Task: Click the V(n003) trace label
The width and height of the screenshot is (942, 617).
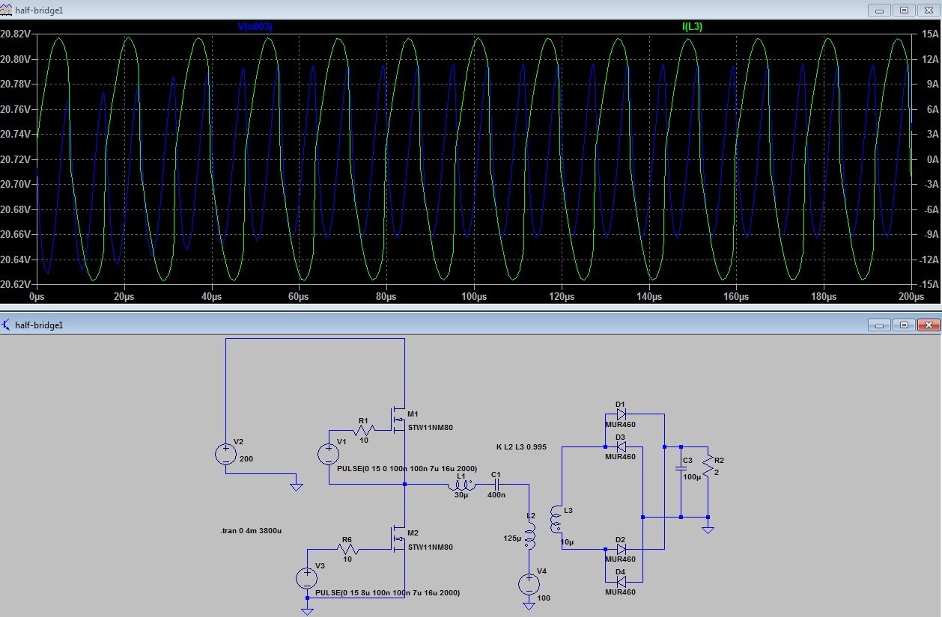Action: [x=255, y=26]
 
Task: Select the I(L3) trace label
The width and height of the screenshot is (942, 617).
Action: [x=692, y=26]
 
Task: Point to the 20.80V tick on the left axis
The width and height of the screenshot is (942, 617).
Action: [x=15, y=59]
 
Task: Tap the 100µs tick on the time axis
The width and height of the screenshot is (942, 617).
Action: [x=474, y=296]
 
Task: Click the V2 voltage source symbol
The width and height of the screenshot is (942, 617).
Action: [x=226, y=454]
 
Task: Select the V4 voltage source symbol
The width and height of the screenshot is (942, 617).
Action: [x=529, y=584]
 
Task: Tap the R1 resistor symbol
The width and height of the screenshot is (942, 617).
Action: [x=364, y=430]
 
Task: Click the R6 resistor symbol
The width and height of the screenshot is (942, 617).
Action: [x=347, y=549]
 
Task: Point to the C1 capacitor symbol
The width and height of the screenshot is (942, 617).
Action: [x=496, y=485]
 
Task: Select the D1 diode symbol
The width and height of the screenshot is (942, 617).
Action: [x=621, y=414]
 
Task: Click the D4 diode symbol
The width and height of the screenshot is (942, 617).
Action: [x=621, y=582]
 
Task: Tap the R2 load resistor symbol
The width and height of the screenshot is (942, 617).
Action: [x=708, y=465]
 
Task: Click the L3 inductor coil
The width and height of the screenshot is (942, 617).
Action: [x=556, y=519]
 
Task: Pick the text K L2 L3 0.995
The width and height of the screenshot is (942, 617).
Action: [x=521, y=447]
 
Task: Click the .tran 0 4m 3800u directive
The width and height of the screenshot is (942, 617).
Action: [x=251, y=530]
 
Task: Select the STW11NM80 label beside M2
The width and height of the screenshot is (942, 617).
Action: [x=431, y=547]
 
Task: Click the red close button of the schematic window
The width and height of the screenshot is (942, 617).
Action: [x=929, y=325]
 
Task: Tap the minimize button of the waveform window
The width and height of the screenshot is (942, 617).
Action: [x=879, y=10]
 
